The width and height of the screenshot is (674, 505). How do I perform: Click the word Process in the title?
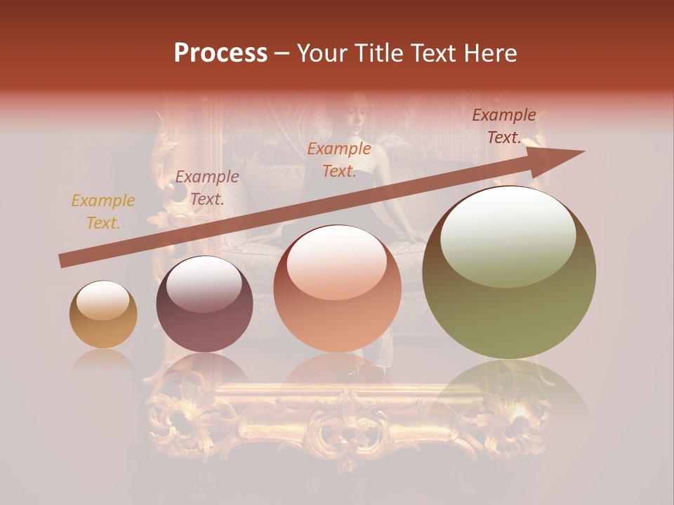point(220,53)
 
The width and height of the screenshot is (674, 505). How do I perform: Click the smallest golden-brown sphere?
point(103,315)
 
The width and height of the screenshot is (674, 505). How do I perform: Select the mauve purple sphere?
point(204,304)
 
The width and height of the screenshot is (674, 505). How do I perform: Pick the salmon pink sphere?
point(337,289)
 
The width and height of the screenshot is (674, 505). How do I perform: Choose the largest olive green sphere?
point(509,273)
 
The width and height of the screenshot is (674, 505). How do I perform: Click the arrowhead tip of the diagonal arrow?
point(583,151)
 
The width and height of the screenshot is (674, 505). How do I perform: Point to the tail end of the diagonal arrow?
point(61,261)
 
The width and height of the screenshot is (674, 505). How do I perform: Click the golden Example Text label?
point(103,212)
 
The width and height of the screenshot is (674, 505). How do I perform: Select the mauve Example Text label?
point(207,188)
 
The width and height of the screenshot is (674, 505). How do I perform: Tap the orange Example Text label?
point(339,160)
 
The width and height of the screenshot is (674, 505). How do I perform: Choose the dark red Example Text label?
point(504,126)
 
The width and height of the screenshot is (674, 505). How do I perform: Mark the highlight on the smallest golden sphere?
point(103,300)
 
